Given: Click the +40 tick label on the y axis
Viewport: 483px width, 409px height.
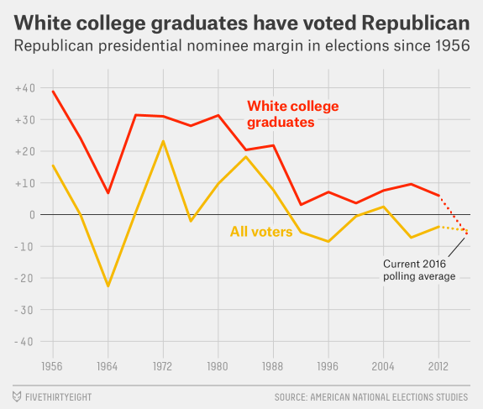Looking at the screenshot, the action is click(x=25, y=88).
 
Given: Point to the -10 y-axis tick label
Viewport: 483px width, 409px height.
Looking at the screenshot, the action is click(x=24, y=247).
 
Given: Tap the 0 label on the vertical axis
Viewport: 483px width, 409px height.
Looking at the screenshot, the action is click(x=33, y=215).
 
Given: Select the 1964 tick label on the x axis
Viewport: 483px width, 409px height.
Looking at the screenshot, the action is click(x=108, y=366).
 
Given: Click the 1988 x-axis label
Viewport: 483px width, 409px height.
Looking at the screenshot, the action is click(x=273, y=366).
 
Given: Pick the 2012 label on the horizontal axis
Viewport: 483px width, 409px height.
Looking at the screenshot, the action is click(x=438, y=366).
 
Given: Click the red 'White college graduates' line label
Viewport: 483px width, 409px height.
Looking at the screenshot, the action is click(x=293, y=114).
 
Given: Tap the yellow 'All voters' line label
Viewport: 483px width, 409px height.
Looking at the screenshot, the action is click(x=261, y=232).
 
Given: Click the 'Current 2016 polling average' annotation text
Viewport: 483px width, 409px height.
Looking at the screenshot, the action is click(x=419, y=270).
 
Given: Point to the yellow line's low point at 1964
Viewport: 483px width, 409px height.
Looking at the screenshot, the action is click(x=108, y=286).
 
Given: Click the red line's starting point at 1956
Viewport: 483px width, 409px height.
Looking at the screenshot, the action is click(x=53, y=92).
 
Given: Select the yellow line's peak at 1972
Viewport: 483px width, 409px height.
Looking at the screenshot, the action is click(x=163, y=141).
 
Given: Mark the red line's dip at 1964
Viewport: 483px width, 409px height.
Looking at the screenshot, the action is click(x=108, y=193).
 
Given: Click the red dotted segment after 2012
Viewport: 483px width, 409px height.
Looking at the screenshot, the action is click(x=453, y=215).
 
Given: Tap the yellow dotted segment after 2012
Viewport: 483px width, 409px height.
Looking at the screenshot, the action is click(x=454, y=228).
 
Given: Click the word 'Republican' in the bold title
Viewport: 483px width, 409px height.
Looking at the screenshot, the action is click(x=416, y=24).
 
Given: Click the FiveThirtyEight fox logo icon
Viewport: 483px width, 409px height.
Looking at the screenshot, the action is click(x=17, y=396).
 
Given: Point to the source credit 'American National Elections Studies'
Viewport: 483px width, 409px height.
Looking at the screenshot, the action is click(x=389, y=397).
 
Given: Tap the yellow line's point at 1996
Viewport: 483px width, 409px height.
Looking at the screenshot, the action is click(x=328, y=242).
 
